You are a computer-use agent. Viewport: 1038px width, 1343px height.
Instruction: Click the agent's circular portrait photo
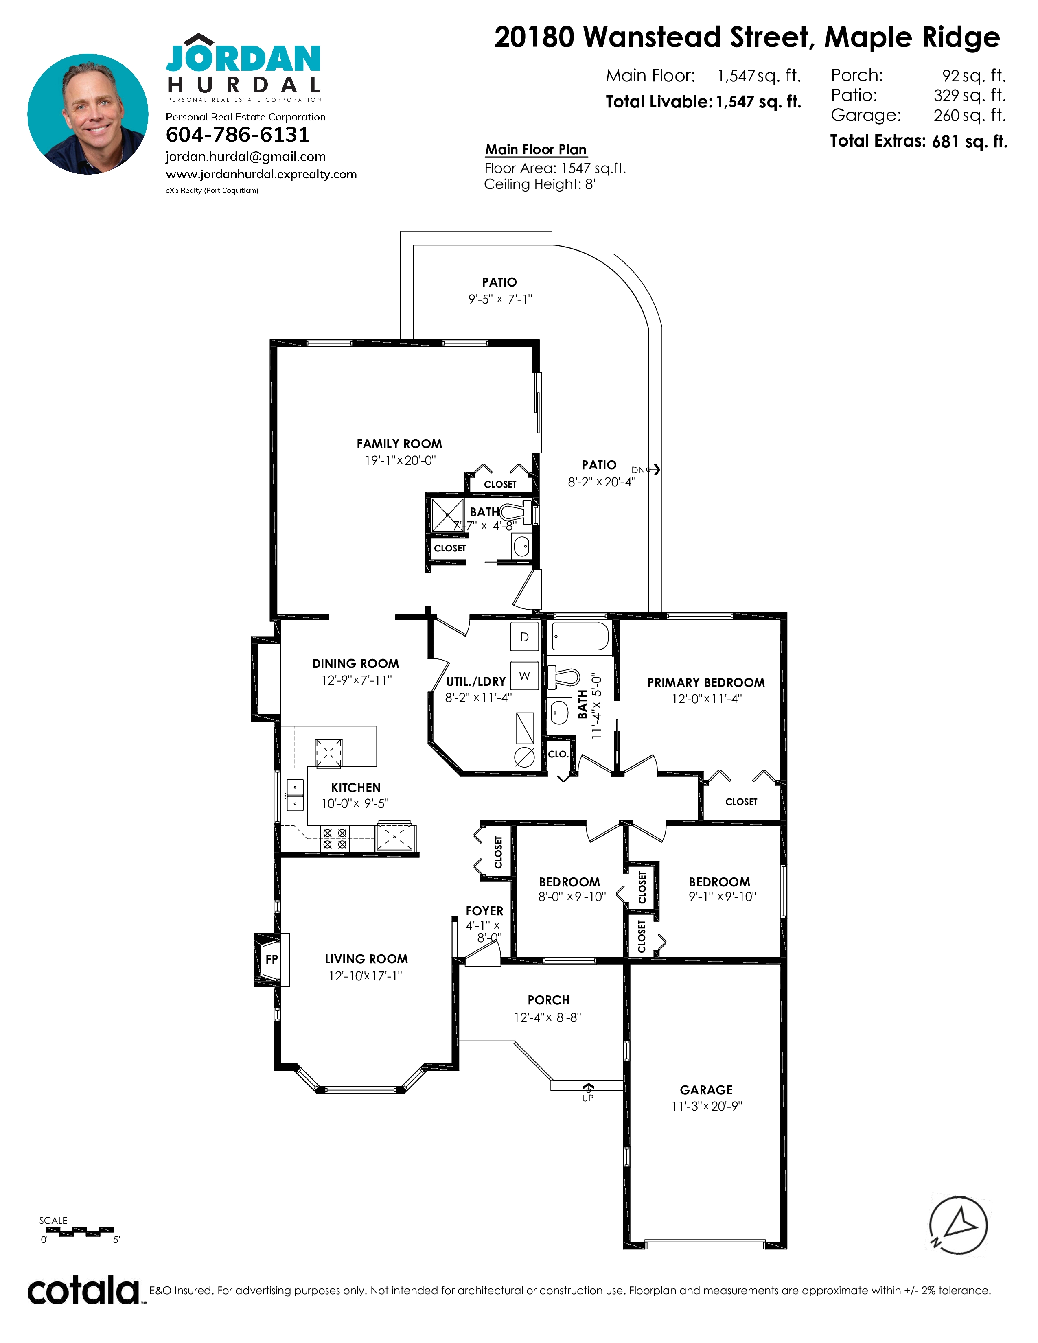88,114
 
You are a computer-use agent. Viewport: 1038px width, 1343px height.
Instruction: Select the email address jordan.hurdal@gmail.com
245,157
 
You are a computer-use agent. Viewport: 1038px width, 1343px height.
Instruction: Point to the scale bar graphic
79,1232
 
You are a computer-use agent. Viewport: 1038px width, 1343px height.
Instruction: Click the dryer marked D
525,637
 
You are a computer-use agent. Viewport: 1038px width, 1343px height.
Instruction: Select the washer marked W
525,676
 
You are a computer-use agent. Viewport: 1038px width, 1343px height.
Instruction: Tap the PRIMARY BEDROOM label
706,682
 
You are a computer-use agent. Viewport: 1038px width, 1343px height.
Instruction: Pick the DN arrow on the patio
654,470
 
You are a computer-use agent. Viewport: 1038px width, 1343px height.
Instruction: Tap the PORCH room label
549,1000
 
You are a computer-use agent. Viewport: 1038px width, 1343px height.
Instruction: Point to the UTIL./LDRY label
476,681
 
